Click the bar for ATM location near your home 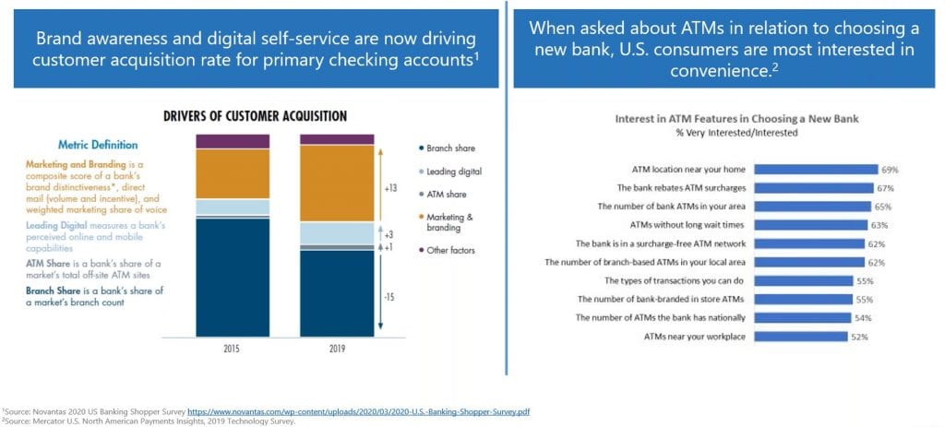[816, 170]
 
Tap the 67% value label [887, 188]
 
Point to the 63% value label [879, 225]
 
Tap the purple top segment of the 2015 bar [232, 141]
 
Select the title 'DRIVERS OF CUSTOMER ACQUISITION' [255, 116]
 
